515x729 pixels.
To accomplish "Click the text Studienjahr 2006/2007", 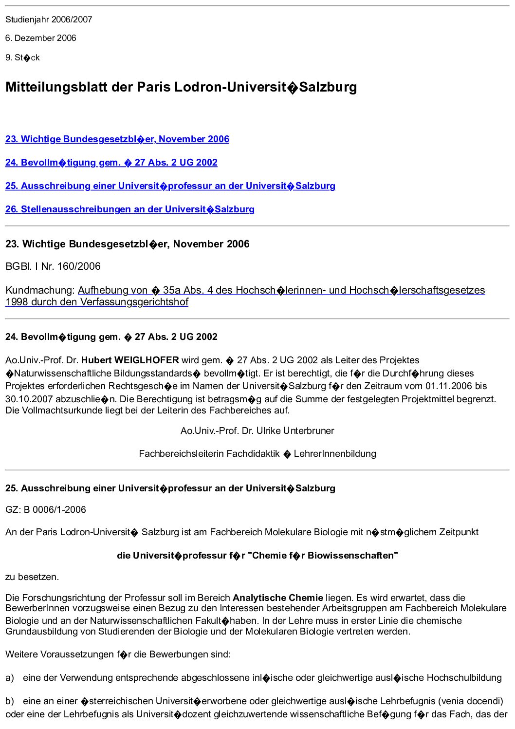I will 49,19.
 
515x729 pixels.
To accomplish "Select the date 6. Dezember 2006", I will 41,38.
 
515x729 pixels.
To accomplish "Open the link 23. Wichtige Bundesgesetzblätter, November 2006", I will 117,139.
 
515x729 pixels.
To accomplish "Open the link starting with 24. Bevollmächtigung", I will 111,163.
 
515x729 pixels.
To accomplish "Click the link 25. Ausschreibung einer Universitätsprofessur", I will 170,186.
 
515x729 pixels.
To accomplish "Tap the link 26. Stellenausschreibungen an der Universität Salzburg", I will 129,209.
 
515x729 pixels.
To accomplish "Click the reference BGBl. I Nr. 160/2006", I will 53,266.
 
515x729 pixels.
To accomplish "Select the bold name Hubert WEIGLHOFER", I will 130,360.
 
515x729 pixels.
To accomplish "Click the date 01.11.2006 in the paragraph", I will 450,386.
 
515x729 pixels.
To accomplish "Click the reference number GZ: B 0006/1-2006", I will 45,510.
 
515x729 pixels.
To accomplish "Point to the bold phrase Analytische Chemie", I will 277,598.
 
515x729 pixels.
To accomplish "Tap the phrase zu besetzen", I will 32,577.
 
